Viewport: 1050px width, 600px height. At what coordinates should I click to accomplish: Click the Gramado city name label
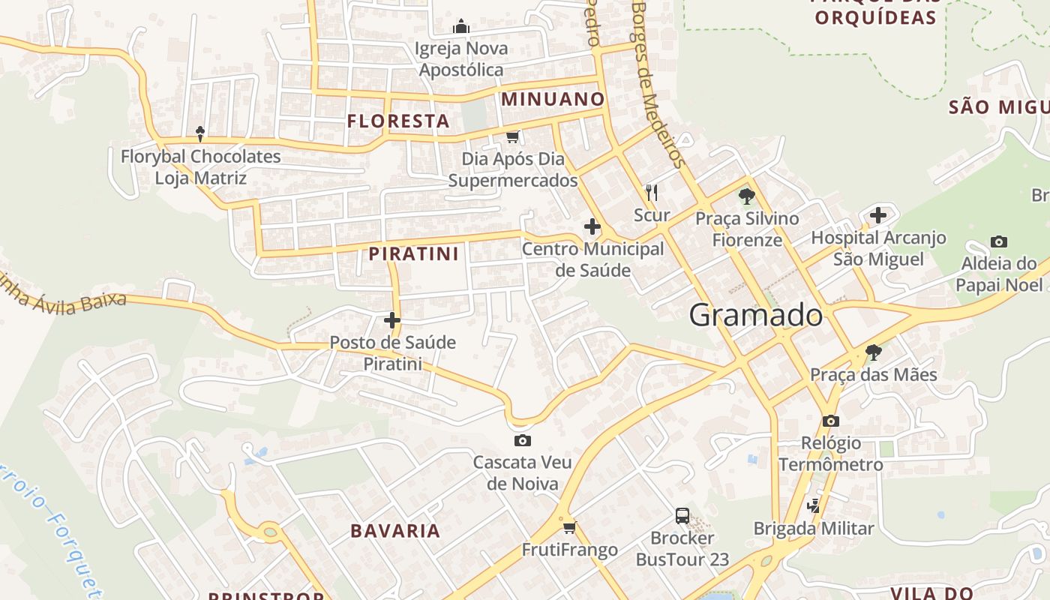tap(755, 315)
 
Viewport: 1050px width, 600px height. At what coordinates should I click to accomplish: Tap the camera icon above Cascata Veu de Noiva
tap(523, 440)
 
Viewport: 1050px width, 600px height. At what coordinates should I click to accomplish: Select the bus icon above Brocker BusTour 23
tap(682, 516)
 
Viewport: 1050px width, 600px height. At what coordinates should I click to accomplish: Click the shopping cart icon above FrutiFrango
tap(569, 527)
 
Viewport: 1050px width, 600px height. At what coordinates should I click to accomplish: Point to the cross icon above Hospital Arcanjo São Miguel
tap(878, 215)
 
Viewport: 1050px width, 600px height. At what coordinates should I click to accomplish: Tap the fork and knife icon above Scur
tap(652, 193)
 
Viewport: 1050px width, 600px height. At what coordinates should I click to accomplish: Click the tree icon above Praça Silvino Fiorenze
tap(746, 196)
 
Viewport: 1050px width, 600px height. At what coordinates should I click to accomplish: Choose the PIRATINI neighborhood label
tap(413, 253)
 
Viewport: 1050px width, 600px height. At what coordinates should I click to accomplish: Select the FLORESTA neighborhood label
tap(398, 121)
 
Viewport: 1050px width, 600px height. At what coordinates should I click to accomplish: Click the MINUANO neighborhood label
tap(553, 99)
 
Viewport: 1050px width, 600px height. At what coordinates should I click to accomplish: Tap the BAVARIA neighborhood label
tap(395, 531)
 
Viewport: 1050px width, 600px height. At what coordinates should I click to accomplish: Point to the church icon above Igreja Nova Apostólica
tap(461, 28)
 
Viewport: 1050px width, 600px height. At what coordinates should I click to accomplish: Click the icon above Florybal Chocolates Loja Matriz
tap(199, 134)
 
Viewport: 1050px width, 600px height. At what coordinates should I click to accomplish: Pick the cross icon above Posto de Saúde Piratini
tap(391, 320)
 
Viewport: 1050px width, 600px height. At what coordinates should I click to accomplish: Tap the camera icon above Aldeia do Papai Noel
tap(998, 241)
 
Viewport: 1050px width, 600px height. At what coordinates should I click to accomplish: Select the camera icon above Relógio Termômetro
tap(830, 421)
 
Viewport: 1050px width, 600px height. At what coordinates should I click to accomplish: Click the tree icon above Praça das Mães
tap(873, 352)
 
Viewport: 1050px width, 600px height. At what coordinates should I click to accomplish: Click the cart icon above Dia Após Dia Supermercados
tap(513, 136)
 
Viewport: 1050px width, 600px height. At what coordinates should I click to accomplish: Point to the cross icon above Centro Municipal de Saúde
tap(592, 226)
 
